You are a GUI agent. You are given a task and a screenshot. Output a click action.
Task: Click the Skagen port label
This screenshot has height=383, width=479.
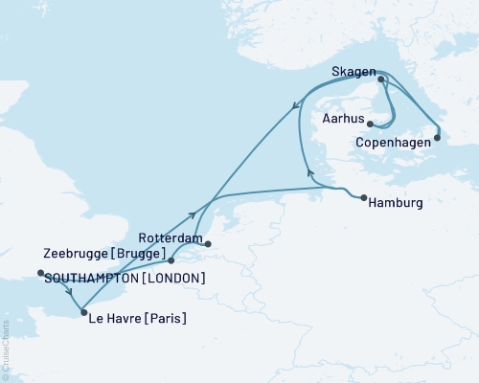[x=352, y=72]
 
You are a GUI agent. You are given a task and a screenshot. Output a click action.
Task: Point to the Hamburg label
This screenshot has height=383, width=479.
[x=396, y=203]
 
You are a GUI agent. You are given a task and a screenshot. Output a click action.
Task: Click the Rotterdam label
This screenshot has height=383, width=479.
[x=171, y=237]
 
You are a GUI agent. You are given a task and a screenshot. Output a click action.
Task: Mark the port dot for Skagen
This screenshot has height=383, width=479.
[x=380, y=79]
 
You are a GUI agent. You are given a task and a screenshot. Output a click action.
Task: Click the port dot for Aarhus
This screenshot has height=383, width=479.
[x=370, y=124]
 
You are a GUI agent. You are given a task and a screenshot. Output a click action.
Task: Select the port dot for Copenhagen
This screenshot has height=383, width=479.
[x=437, y=137]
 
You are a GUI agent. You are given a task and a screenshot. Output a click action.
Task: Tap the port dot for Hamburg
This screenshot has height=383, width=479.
[x=364, y=198]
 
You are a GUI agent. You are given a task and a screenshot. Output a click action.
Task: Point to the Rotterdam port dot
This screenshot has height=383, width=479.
[x=208, y=243]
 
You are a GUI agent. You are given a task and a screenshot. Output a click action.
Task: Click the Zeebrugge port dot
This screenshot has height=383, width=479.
[x=171, y=259]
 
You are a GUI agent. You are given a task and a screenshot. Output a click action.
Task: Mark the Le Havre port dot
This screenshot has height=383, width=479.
[x=84, y=312]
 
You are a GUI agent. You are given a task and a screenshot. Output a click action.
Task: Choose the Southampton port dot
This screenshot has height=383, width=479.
[x=40, y=273]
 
